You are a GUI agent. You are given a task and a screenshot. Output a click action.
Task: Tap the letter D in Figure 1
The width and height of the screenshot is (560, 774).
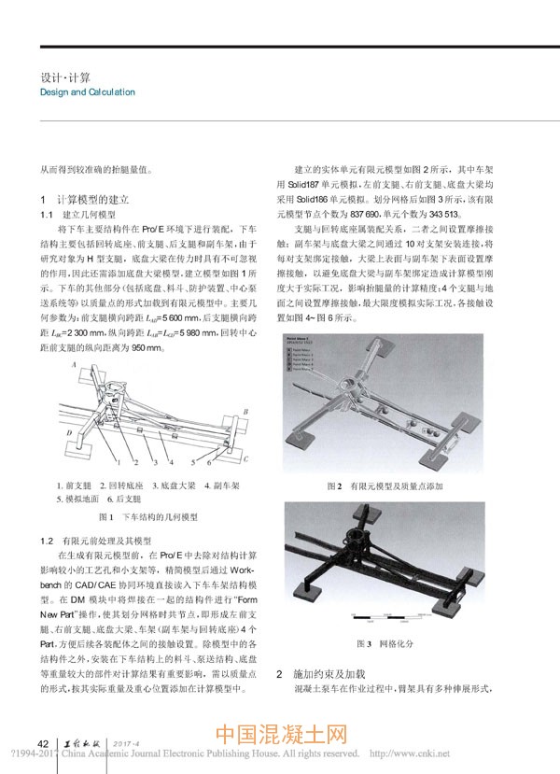pos(69,433)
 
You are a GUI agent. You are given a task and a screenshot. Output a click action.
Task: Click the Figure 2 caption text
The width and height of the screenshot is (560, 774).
pos(399,487)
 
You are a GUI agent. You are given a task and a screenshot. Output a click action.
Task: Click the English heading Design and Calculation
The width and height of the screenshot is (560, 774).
pos(88,92)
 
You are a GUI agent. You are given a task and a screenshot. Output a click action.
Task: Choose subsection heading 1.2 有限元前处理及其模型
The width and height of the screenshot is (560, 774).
pos(98,541)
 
